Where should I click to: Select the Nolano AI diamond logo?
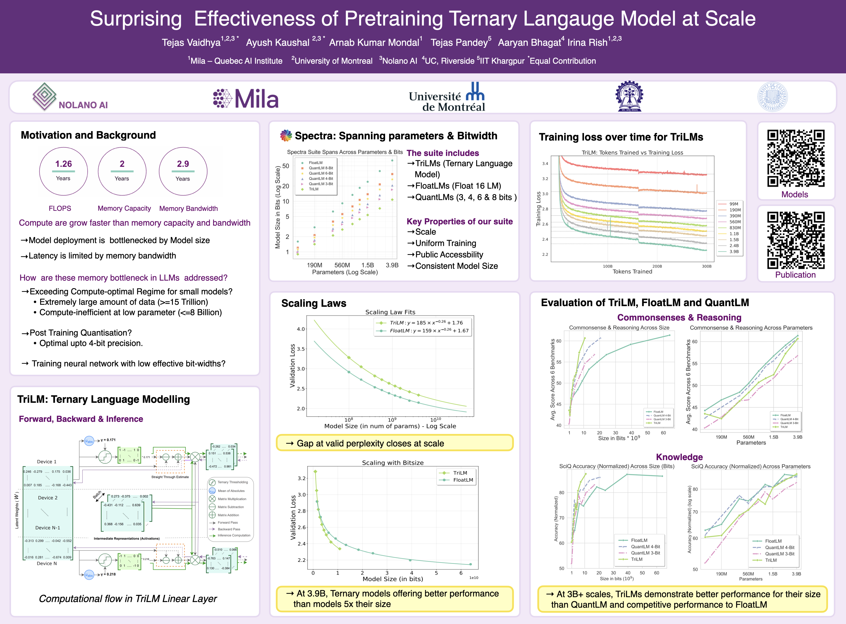pos(45,96)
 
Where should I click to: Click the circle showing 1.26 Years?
pos(63,171)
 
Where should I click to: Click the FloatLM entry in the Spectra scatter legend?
pos(315,163)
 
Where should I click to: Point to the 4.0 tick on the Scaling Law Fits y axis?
pos(301,329)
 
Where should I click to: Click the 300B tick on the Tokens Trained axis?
pos(706,266)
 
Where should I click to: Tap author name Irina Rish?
pos(587,43)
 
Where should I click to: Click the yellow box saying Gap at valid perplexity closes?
pos(395,443)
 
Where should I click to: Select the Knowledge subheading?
pos(679,457)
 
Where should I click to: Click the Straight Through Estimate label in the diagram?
pos(170,477)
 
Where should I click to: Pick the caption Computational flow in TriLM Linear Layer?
pos(128,599)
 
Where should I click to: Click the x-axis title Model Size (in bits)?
pos(393,579)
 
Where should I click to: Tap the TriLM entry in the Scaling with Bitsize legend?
pos(460,473)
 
